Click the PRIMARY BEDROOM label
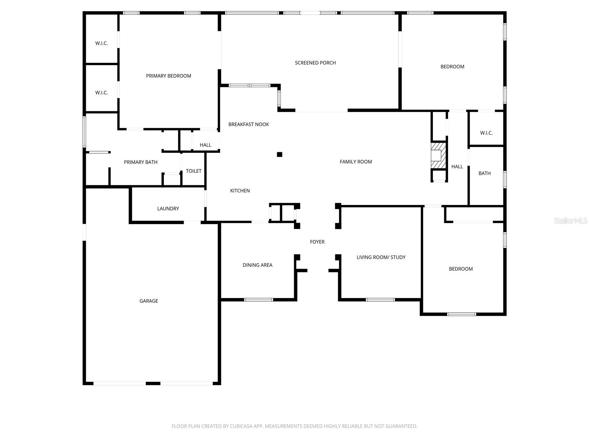(169, 76)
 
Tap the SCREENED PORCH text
(315, 63)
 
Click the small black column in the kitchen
(279, 154)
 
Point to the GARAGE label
(149, 301)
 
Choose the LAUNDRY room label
(168, 209)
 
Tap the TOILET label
(194, 171)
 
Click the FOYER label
(317, 242)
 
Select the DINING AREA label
(257, 265)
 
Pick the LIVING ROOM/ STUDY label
(381, 257)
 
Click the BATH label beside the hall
(484, 173)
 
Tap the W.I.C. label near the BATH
(486, 133)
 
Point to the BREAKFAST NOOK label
(248, 125)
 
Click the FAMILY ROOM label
(356, 162)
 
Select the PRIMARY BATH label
(141, 162)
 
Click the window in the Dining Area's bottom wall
(258, 300)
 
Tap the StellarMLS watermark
(570, 220)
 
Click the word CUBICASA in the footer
(242, 426)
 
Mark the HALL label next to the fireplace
(457, 167)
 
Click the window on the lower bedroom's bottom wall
(461, 314)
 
